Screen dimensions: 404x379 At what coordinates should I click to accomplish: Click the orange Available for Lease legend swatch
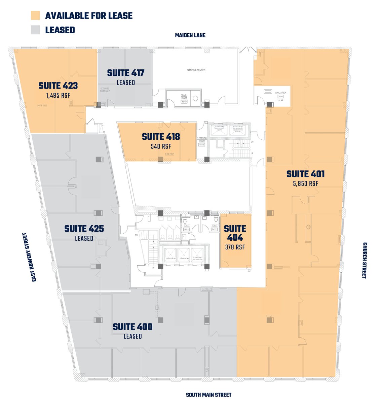(35, 15)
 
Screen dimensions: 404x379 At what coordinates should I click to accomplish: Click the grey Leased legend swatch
(35, 30)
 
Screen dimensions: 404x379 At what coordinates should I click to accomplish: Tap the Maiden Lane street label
(190, 35)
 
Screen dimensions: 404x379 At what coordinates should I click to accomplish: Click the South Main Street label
(209, 395)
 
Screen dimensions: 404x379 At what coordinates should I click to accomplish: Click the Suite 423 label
(58, 86)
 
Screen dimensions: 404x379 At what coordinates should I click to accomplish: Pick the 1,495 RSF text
(58, 96)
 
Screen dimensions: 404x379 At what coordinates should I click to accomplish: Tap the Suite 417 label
(126, 73)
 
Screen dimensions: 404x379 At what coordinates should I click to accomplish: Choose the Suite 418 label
(161, 137)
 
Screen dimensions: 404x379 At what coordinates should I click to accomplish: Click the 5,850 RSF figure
(305, 184)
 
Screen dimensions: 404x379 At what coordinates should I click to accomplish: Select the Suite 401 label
(305, 174)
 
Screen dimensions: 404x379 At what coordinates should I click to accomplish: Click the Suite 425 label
(84, 229)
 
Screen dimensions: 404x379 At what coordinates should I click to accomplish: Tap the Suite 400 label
(132, 327)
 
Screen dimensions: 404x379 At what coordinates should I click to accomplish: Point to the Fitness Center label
(196, 70)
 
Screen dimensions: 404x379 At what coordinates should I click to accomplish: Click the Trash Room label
(184, 97)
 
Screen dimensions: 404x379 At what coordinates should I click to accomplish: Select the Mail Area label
(280, 93)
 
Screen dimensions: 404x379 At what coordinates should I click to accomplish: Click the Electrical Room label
(202, 140)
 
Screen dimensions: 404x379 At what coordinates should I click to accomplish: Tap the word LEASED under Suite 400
(132, 336)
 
